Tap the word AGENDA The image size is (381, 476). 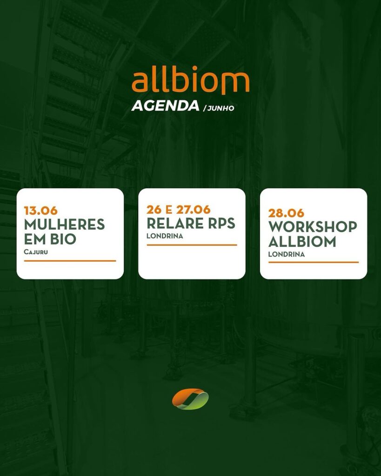pos(166,106)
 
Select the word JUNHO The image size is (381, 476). pos(221,108)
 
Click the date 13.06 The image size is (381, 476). pos(41,211)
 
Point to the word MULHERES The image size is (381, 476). pos(64,225)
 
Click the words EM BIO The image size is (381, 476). pos(50,239)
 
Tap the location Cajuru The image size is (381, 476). pos(36,252)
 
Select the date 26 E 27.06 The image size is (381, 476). pos(178,210)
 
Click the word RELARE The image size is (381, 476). pos(175,223)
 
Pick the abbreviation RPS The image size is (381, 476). pos(222,223)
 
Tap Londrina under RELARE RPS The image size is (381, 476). pos(165,236)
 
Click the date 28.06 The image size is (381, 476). pos(286,213)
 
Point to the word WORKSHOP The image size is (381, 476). pos(313,227)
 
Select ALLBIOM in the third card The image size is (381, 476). pos(302,242)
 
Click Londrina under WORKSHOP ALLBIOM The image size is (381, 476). pos(287,254)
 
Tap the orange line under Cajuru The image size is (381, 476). pos(70,261)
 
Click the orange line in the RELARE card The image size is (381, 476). pos(192,245)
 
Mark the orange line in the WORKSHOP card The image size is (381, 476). pos(314,262)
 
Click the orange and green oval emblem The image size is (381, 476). pos(190,399)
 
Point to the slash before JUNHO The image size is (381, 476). pos(204,108)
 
